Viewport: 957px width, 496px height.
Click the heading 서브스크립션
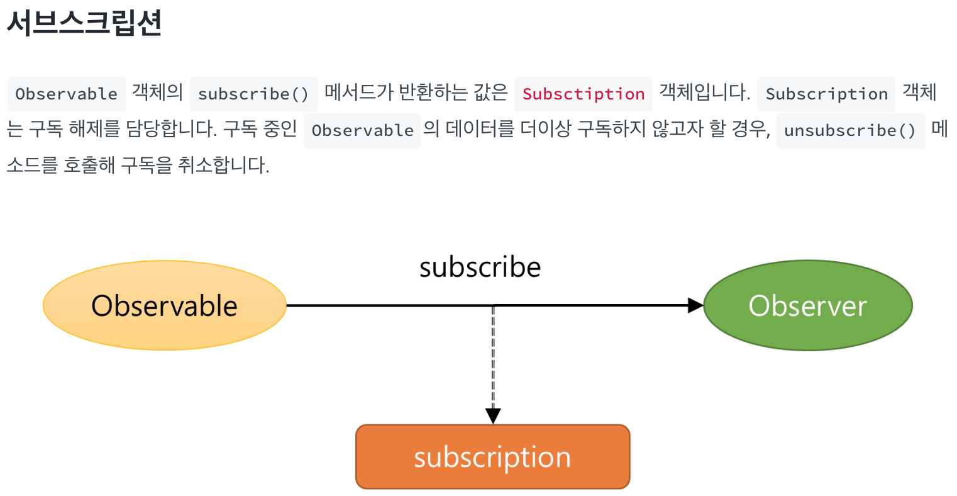pos(84,23)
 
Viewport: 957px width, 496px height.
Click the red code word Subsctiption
pos(583,94)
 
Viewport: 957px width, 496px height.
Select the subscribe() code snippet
pos(253,94)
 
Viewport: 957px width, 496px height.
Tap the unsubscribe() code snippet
pos(850,130)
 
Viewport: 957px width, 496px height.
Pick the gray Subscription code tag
pos(826,94)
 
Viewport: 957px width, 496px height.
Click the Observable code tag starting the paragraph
pos(66,94)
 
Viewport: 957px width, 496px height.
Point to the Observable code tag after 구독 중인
pos(362,130)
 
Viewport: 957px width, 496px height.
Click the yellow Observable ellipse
pos(164,306)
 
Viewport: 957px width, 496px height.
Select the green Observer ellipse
pos(807,306)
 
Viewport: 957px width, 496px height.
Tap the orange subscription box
pos(492,457)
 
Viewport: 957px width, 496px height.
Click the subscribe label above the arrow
pos(480,268)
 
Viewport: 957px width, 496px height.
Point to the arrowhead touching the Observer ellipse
pos(695,306)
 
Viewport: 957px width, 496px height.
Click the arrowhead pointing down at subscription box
pos(493,415)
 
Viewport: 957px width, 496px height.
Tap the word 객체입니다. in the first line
pos(704,93)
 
